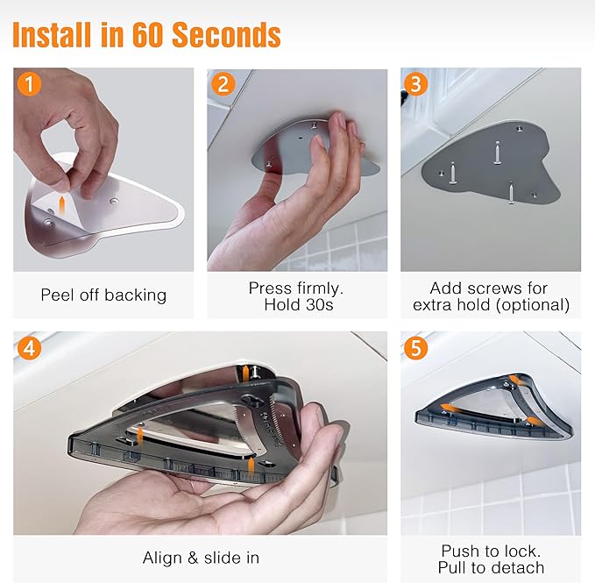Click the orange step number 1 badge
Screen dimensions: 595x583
(x=29, y=84)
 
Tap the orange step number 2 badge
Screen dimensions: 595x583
(x=223, y=84)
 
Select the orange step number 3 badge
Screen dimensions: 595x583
(x=416, y=84)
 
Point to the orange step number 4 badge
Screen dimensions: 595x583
(x=29, y=348)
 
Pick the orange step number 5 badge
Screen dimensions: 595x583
(x=416, y=348)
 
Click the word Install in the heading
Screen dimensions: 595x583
(x=53, y=34)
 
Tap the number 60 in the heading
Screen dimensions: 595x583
(x=148, y=34)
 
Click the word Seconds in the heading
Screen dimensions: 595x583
(x=226, y=34)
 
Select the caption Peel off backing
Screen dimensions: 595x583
(x=103, y=295)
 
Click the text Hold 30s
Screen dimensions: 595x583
(x=299, y=305)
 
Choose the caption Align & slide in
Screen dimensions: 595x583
(x=201, y=558)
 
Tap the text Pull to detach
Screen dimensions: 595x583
(x=491, y=568)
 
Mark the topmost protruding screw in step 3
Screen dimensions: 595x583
(x=498, y=153)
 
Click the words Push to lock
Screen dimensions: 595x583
(x=491, y=551)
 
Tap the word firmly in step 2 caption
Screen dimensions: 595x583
(x=320, y=288)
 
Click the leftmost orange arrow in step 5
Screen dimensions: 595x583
(x=450, y=408)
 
